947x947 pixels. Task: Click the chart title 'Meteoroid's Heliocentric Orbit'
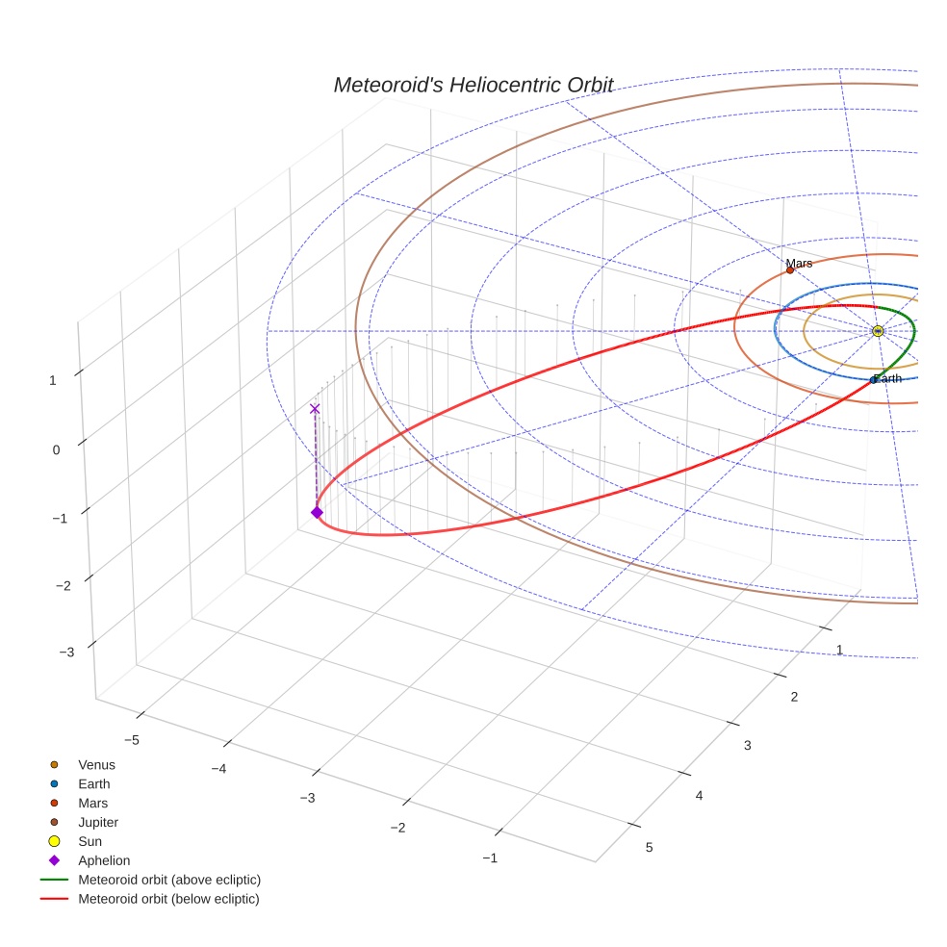point(473,85)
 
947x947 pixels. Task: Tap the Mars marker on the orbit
point(790,270)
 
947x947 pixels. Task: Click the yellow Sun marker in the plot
point(878,331)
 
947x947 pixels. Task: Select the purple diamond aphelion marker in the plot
point(317,512)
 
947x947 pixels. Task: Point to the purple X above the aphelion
point(315,409)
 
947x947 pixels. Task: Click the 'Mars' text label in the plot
point(799,263)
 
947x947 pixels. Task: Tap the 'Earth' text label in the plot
point(888,378)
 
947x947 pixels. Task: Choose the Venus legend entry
point(96,765)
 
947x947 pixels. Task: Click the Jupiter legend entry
point(98,822)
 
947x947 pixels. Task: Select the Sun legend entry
point(90,841)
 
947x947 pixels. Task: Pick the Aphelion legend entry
point(104,860)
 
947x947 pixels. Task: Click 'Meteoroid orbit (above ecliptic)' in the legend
point(169,880)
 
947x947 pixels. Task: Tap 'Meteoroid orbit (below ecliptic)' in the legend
point(168,899)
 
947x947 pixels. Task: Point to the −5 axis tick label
point(133,739)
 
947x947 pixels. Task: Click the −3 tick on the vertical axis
point(66,652)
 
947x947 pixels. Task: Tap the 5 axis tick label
point(649,847)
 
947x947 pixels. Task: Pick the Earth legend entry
point(94,784)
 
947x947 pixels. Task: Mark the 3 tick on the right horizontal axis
point(748,746)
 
